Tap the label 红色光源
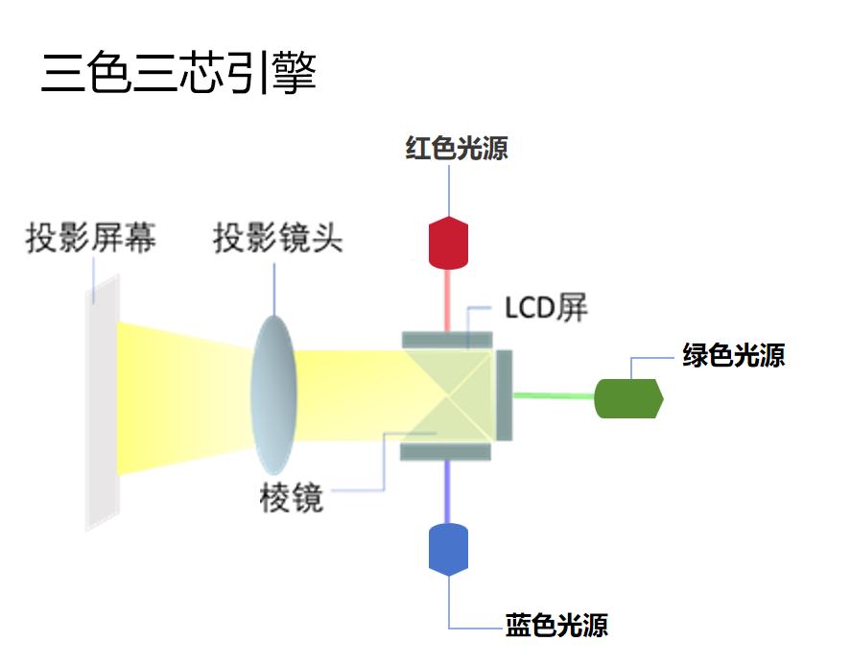point(457,149)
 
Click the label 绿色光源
point(734,356)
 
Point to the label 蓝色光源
point(556,626)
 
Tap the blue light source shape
point(448,549)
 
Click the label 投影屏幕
point(91,237)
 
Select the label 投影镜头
point(277,237)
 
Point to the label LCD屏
point(546,308)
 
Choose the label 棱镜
point(292,498)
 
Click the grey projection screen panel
point(101,403)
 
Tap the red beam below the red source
point(447,299)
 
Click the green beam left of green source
point(554,394)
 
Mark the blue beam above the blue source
point(447,490)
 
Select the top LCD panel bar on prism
point(447,339)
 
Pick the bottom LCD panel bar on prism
point(447,450)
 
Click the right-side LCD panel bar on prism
point(505,394)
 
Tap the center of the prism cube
point(447,394)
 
